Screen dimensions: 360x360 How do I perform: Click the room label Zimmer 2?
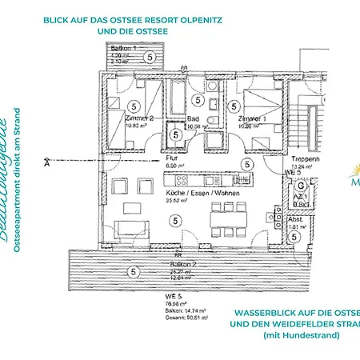click(141, 118)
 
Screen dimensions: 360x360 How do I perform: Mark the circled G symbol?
click(290, 184)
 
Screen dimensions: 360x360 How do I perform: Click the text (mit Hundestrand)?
click(301, 335)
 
